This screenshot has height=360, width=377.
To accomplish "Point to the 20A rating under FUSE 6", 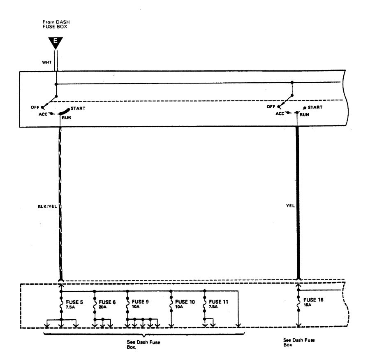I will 103,307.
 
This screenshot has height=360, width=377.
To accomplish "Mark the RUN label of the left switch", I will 67,117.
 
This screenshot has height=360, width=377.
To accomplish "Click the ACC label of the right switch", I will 280,113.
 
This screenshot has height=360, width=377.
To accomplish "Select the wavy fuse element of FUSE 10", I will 171,303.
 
